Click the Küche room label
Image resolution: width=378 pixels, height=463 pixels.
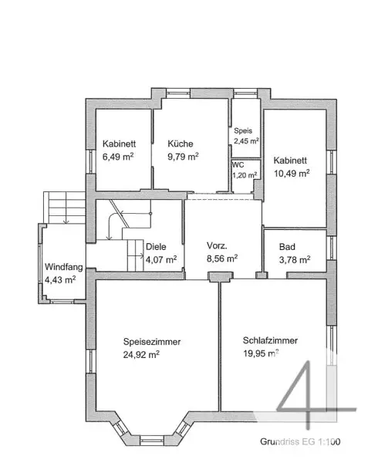pos(181,144)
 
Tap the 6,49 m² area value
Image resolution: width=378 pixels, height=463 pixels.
pos(118,157)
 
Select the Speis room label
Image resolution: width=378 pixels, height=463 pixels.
pos(243,131)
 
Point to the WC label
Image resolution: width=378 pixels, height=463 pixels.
pos(238,165)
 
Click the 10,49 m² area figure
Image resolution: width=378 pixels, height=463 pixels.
pos(292,174)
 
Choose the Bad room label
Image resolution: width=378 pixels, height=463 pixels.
pos(287,247)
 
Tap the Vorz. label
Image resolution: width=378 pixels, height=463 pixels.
pos(217,245)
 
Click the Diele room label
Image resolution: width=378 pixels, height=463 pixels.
pos(156,247)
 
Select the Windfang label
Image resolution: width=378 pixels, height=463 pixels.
pos(64,267)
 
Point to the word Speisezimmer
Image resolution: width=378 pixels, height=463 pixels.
pos(152,342)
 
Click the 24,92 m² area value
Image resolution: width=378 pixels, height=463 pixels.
pos(141,354)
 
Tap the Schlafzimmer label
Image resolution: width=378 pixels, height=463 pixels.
pos(270,340)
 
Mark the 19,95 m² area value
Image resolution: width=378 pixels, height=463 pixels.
pos(262,353)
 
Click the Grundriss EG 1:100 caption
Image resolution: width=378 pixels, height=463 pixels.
pos(300,441)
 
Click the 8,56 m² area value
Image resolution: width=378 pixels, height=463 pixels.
pos(222,259)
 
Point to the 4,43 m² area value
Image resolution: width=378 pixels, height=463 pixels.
pos(60,279)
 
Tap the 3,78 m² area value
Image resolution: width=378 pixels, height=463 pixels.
pos(295,260)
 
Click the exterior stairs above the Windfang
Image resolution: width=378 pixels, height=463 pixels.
pos(64,208)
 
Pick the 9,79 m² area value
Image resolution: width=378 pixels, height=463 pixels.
pos(183,157)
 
